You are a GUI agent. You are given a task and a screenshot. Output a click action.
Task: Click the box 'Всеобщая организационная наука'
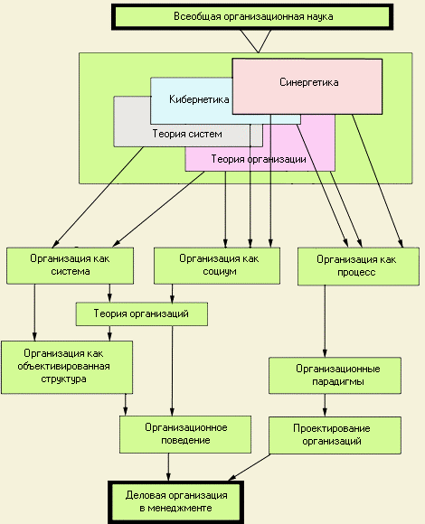pyautogui.click(x=252, y=17)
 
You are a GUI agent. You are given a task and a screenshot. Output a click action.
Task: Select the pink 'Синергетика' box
pyautogui.click(x=307, y=87)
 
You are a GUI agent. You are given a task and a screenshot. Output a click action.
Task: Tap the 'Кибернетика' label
pyautogui.click(x=199, y=99)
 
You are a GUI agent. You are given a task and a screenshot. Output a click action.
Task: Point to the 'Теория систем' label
pyautogui.click(x=187, y=134)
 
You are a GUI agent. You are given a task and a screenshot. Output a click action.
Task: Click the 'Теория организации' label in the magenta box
pyautogui.click(x=259, y=159)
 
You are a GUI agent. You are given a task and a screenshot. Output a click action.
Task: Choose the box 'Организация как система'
pyautogui.click(x=71, y=266)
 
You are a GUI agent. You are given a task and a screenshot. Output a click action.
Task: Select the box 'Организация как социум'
pyautogui.click(x=217, y=266)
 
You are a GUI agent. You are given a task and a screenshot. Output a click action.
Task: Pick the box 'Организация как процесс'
pyautogui.click(x=358, y=267)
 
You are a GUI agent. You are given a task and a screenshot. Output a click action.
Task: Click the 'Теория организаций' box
pyautogui.click(x=142, y=313)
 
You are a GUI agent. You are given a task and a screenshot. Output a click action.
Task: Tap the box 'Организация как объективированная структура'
pyautogui.click(x=67, y=368)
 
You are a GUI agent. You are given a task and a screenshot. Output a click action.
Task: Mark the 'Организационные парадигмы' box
pyautogui.click(x=335, y=375)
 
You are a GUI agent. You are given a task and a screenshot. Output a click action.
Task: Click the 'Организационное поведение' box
pyautogui.click(x=185, y=435)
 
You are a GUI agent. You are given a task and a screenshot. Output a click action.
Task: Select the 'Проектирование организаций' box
pyautogui.click(x=335, y=435)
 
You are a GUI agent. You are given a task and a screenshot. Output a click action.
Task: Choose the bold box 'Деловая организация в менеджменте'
pyautogui.click(x=176, y=502)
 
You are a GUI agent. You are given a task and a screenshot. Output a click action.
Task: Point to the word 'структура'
pyautogui.click(x=63, y=379)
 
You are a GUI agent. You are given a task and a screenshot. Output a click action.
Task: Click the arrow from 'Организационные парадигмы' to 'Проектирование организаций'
pyautogui.click(x=325, y=405)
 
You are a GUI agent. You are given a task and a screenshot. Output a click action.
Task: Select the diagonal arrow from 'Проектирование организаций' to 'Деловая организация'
pyautogui.click(x=250, y=467)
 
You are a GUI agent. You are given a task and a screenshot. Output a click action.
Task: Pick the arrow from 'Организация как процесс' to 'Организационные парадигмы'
pyautogui.click(x=325, y=321)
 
